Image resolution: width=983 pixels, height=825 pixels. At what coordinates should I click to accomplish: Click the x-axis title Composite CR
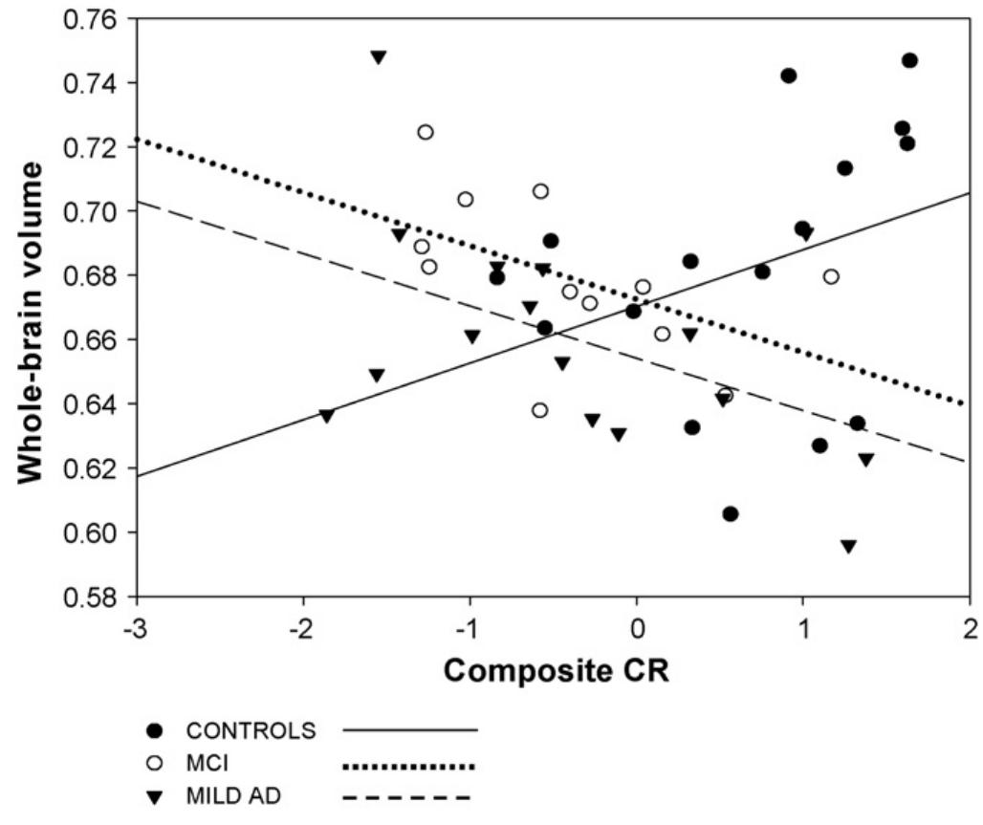(556, 671)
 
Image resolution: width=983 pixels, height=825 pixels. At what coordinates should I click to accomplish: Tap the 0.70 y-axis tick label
(85, 211)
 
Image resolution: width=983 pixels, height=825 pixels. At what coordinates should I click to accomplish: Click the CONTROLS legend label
(250, 731)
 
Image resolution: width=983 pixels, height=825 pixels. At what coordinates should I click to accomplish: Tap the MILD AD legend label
(231, 796)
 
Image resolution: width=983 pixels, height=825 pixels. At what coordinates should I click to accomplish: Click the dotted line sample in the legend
(408, 765)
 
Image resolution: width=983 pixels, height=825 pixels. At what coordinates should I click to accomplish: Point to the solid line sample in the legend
(408, 731)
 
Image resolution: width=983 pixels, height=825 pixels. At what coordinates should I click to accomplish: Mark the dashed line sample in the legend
(408, 796)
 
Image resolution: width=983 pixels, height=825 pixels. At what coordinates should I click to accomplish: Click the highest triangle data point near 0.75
(379, 57)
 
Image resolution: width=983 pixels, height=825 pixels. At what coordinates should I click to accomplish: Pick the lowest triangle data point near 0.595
(848, 546)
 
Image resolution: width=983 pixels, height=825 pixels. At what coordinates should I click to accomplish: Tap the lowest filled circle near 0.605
(731, 514)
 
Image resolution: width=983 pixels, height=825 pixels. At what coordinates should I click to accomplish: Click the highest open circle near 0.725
(426, 132)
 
